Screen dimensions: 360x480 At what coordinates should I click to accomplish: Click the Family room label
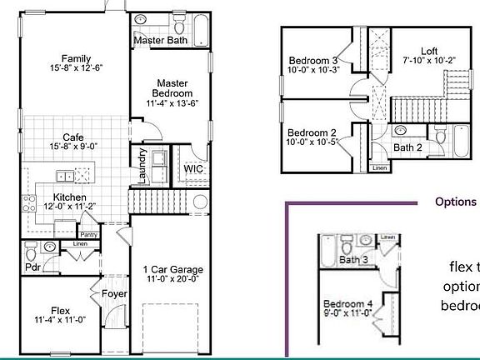tap(71, 59)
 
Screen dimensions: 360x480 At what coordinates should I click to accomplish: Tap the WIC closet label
tap(193, 169)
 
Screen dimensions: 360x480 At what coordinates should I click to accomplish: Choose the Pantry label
tap(89, 235)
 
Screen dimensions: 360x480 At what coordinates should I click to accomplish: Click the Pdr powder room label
tap(33, 267)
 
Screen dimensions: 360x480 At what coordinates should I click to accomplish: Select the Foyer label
tap(113, 294)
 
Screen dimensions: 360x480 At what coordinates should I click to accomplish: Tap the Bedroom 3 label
tap(312, 61)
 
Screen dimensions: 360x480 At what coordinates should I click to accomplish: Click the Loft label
tap(428, 50)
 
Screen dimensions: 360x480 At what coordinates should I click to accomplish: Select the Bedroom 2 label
tap(312, 132)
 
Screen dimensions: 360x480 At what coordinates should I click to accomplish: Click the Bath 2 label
tap(408, 147)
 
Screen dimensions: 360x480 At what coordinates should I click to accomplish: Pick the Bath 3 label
tap(353, 261)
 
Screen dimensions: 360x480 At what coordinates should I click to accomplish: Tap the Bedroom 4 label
tap(347, 302)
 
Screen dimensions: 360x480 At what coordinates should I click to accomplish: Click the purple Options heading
tap(455, 202)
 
